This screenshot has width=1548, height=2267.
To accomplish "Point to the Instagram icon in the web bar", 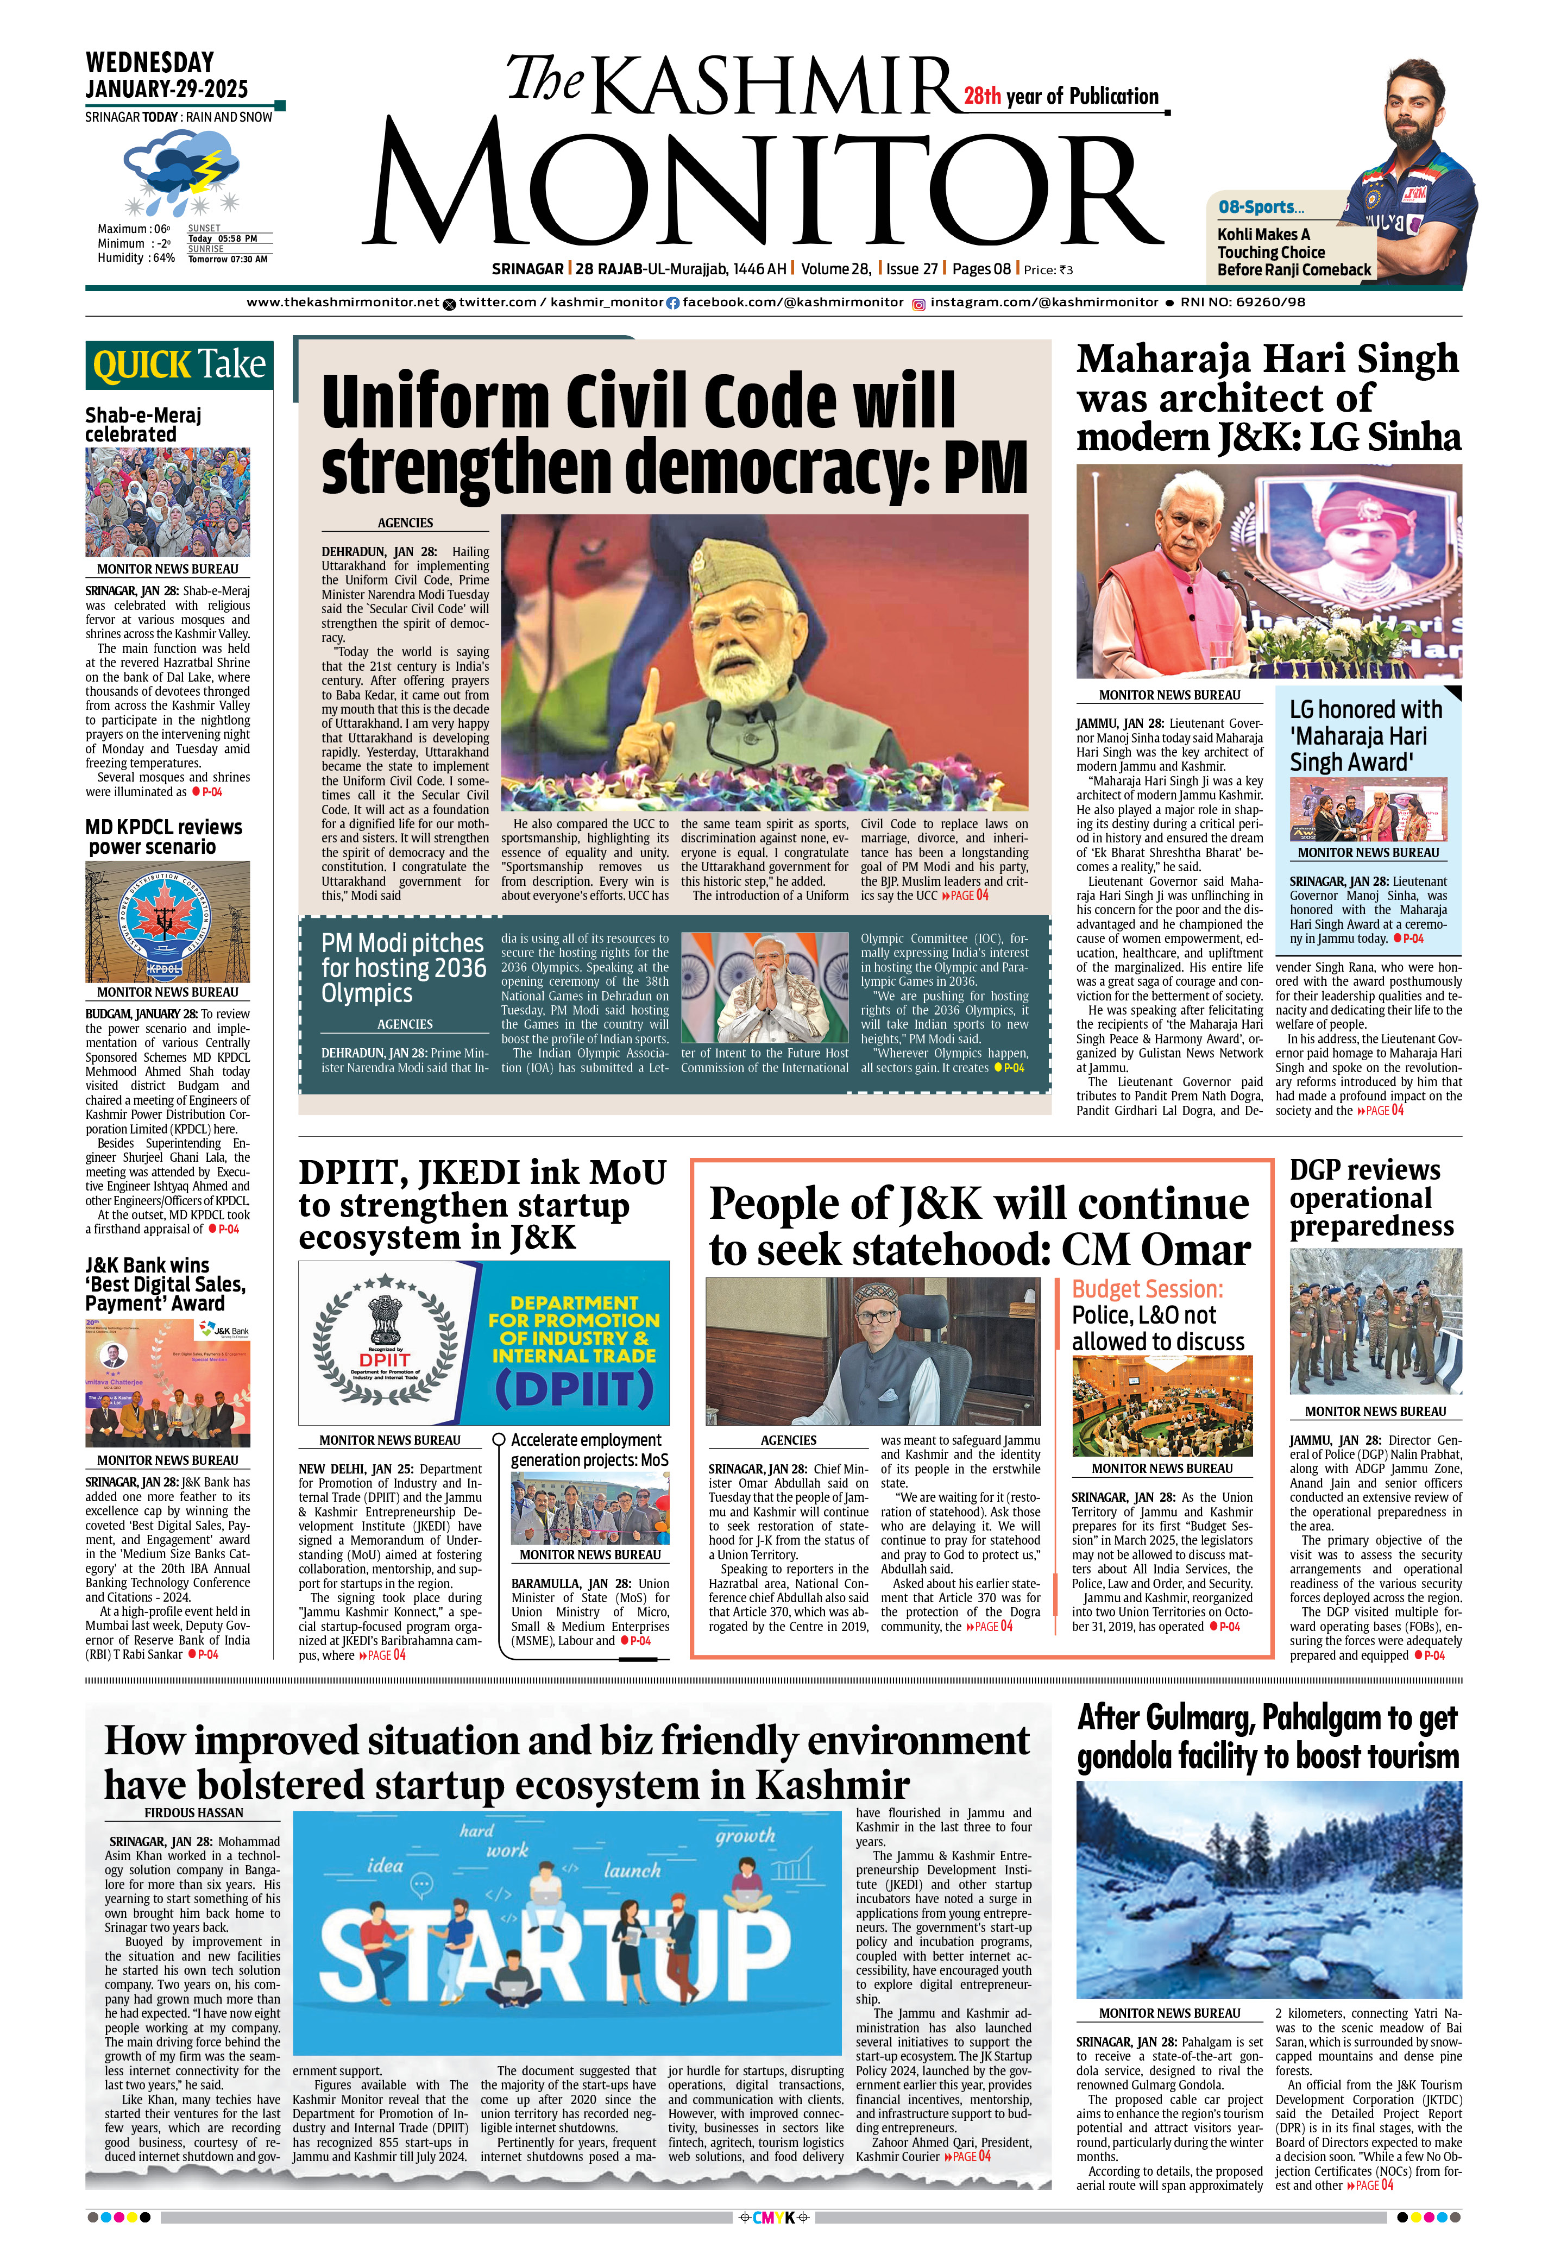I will click(918, 304).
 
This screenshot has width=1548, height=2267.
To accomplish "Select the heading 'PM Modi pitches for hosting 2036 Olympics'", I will click(403, 968).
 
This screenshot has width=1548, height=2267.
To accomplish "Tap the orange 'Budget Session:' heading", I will click(1147, 1289).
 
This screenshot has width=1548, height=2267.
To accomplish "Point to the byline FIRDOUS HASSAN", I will click(194, 1812).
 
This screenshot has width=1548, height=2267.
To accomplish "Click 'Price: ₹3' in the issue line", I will click(1049, 270).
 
